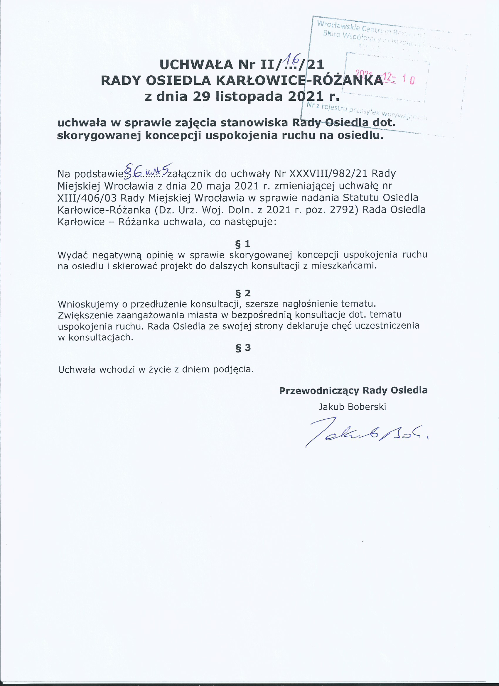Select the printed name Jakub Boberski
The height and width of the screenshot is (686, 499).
[352, 407]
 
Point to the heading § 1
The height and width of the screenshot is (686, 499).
[243, 244]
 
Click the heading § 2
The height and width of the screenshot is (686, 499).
[243, 293]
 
